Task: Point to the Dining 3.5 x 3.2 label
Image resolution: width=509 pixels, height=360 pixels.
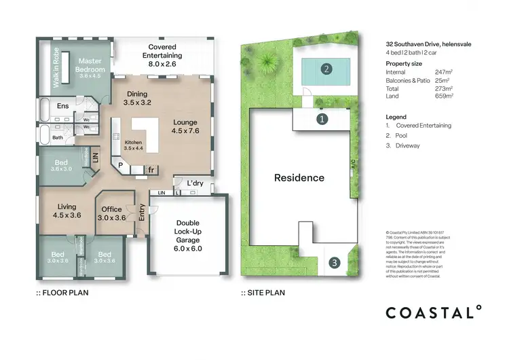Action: click(x=137, y=98)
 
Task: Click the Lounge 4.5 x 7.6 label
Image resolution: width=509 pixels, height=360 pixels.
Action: click(x=185, y=127)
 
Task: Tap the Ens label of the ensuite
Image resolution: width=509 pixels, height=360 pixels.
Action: click(x=62, y=106)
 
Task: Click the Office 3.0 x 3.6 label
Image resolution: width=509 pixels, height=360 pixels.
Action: click(x=111, y=214)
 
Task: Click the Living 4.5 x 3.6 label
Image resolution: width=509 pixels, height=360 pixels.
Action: click(x=67, y=211)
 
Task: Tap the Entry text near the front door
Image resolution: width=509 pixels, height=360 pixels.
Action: click(x=142, y=213)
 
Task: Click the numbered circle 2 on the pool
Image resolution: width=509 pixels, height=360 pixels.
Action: click(x=326, y=69)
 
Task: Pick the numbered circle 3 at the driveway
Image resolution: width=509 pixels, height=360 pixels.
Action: click(x=334, y=263)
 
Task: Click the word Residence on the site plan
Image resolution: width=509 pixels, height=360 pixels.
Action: click(x=299, y=178)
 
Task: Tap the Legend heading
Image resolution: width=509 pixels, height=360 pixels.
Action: click(x=395, y=117)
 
